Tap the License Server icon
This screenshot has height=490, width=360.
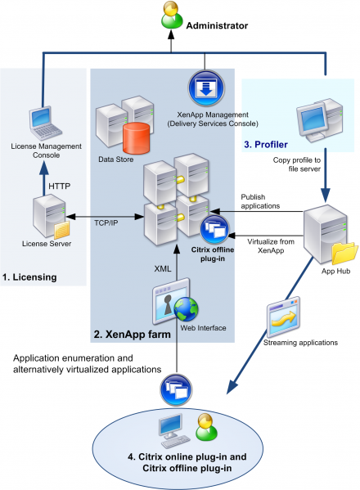pos(46,217)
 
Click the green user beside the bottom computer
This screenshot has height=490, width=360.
pos(205,427)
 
